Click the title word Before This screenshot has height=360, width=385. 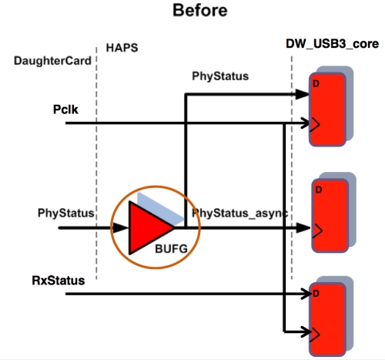(200, 11)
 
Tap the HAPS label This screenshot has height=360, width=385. (122, 48)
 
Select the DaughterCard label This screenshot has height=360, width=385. (52, 61)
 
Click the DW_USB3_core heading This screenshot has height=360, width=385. (333, 44)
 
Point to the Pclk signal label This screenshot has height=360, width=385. (65, 109)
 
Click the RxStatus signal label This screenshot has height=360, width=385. (59, 281)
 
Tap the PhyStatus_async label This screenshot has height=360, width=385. (240, 214)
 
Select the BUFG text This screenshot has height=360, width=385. (171, 249)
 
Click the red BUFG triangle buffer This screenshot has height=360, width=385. (149, 228)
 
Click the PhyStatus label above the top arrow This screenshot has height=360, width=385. (220, 76)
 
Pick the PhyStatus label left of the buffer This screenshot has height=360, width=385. (66, 213)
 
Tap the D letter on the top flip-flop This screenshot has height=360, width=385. (316, 83)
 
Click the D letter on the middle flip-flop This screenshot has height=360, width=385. (319, 190)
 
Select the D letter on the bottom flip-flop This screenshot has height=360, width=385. (316, 294)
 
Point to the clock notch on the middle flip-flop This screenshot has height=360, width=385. (317, 230)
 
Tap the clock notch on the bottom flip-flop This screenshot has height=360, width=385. (315, 335)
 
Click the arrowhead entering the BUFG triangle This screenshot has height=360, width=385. (120, 228)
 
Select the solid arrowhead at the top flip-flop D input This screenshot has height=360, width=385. (303, 94)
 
